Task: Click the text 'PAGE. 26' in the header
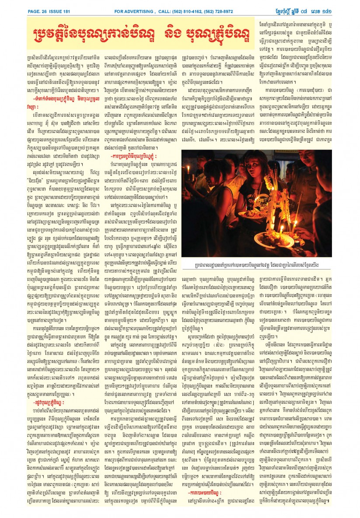point(37,11)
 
